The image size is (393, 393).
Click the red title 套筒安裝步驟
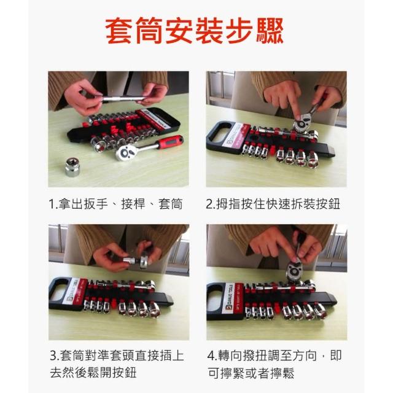click(x=194, y=31)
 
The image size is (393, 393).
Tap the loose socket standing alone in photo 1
click(x=73, y=167)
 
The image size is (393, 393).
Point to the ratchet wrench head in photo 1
click(x=126, y=152)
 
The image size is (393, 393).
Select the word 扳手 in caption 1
click(x=96, y=204)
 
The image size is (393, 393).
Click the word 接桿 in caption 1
click(x=133, y=204)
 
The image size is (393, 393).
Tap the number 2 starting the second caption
click(x=209, y=204)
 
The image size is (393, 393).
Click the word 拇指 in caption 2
click(x=228, y=204)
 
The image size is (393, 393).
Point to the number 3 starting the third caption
click(x=53, y=356)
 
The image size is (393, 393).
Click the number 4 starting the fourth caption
click(x=211, y=356)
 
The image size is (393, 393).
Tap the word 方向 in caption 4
click(x=305, y=356)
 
